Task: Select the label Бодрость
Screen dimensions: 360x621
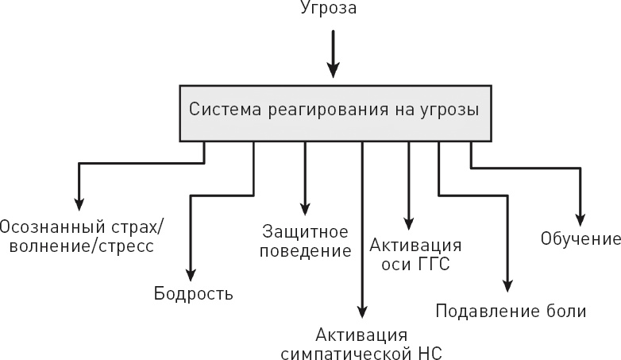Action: [193, 294]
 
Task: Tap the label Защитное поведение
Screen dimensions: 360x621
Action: [307, 242]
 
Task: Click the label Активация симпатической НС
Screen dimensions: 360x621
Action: [361, 343]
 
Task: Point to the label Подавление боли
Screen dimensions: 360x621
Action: [511, 311]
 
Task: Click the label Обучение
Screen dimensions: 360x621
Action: [580, 238]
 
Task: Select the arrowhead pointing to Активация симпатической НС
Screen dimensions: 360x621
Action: [361, 312]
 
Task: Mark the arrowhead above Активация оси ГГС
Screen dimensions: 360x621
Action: [409, 223]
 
